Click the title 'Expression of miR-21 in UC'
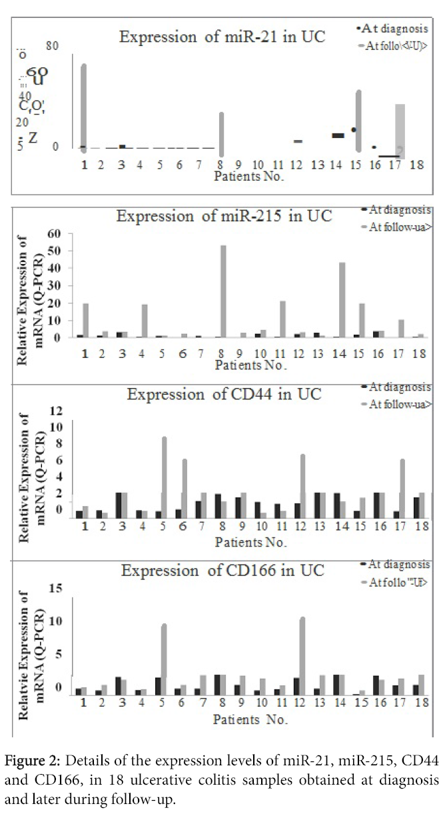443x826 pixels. click(x=222, y=37)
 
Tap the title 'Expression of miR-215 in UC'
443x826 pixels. click(x=224, y=217)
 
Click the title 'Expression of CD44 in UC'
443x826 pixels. click(x=224, y=394)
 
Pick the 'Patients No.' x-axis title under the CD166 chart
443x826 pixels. click(x=250, y=720)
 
